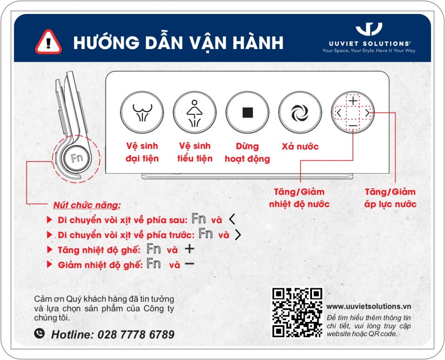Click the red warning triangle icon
point(48,42)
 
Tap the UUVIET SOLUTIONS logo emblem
point(369,30)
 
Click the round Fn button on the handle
point(77,158)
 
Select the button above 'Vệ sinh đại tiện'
point(142,113)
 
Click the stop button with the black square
point(247,113)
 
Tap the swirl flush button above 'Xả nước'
point(299,113)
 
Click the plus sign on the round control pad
point(353,100)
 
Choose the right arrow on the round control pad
point(367,113)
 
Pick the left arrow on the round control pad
point(339,113)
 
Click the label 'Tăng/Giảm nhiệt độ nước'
point(299,198)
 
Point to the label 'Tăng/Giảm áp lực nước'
point(390,198)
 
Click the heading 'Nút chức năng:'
point(86,205)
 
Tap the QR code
point(297,312)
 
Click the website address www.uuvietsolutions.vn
point(369,306)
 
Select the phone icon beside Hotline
point(40,334)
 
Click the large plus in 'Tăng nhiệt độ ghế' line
point(189,249)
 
